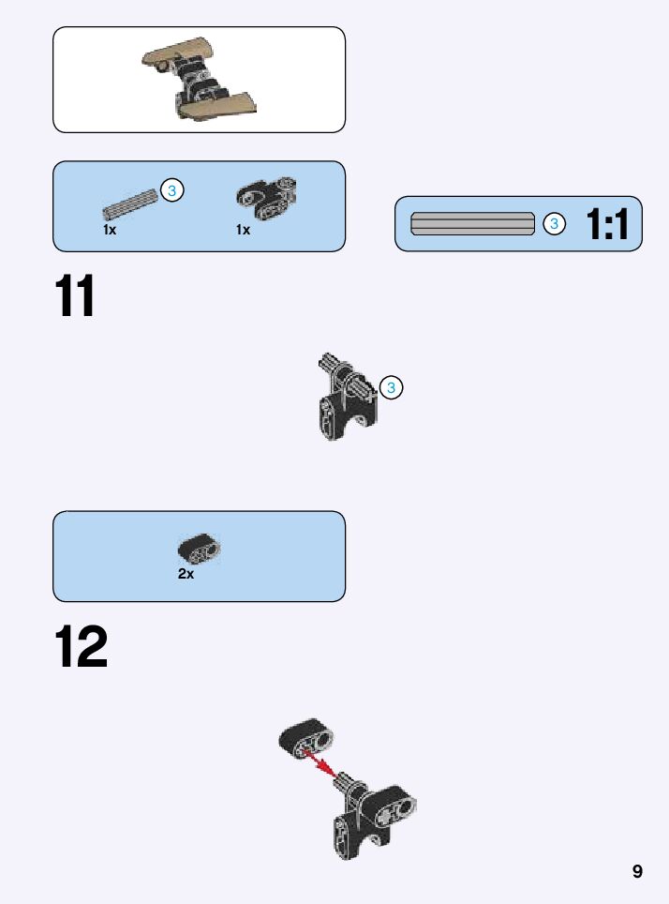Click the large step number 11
click(75, 297)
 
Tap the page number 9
click(637, 871)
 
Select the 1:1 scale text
click(607, 224)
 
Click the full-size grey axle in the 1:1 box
click(473, 224)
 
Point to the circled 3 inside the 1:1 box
click(555, 224)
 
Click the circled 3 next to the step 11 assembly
click(392, 386)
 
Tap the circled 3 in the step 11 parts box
click(171, 190)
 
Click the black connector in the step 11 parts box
click(264, 196)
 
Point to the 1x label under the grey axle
click(110, 230)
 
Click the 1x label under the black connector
click(244, 230)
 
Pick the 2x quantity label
click(186, 574)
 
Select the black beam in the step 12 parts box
click(200, 548)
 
